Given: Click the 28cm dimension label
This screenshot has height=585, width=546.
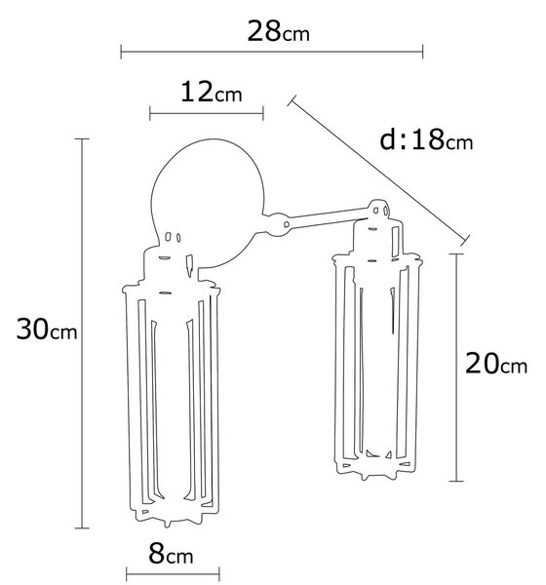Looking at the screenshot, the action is [x=279, y=31].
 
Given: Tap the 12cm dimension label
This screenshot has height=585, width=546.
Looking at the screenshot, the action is [x=212, y=93].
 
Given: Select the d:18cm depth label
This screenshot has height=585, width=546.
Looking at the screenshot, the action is [x=426, y=139].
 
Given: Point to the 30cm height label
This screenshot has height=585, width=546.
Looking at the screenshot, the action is [x=47, y=330].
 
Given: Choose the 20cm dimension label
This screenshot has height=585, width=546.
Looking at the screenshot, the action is [x=496, y=364].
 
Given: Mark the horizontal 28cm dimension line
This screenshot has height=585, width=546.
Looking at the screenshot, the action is [x=272, y=52].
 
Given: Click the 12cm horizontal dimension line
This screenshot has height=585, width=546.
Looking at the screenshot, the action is [x=207, y=113].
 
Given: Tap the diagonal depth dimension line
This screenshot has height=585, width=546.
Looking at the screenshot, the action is [x=378, y=171].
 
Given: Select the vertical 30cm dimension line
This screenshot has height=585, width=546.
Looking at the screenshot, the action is [x=82, y=333].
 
